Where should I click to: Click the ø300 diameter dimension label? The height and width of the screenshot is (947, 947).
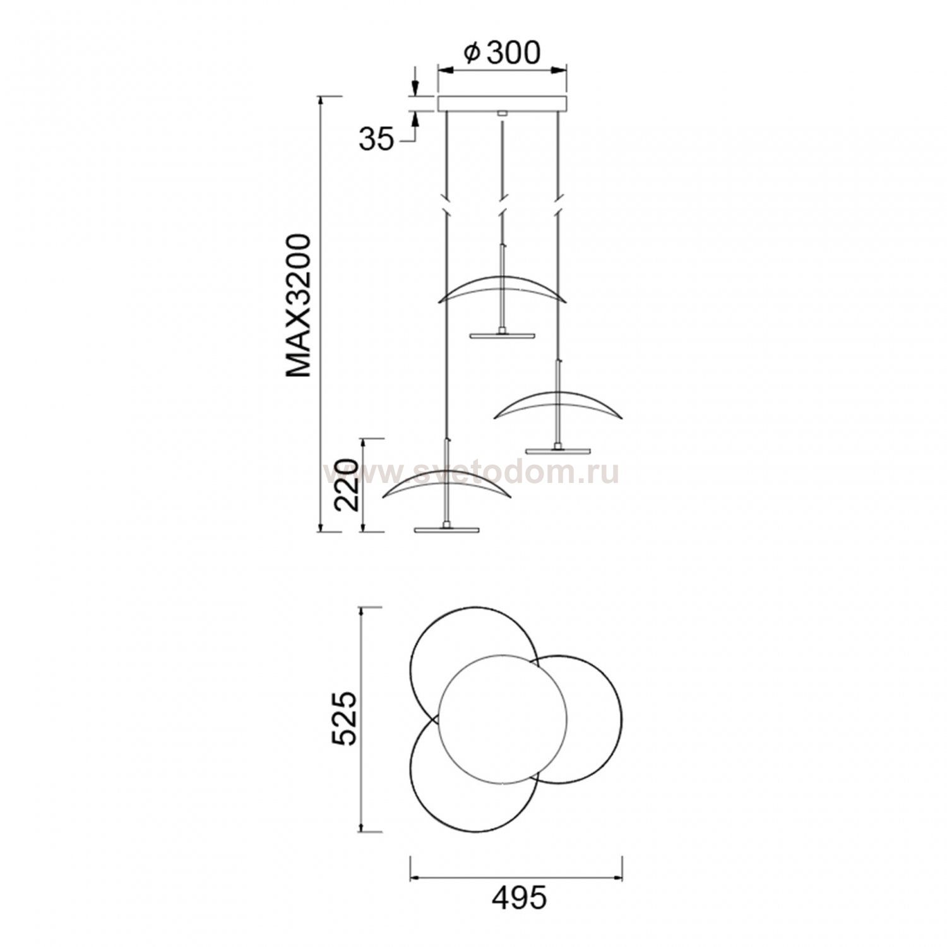502,54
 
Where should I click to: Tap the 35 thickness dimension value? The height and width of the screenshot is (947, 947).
376,140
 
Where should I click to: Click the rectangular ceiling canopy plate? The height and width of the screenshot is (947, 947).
503,104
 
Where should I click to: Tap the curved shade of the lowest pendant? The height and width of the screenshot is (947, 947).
447,485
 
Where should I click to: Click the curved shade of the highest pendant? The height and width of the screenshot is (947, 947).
503,287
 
